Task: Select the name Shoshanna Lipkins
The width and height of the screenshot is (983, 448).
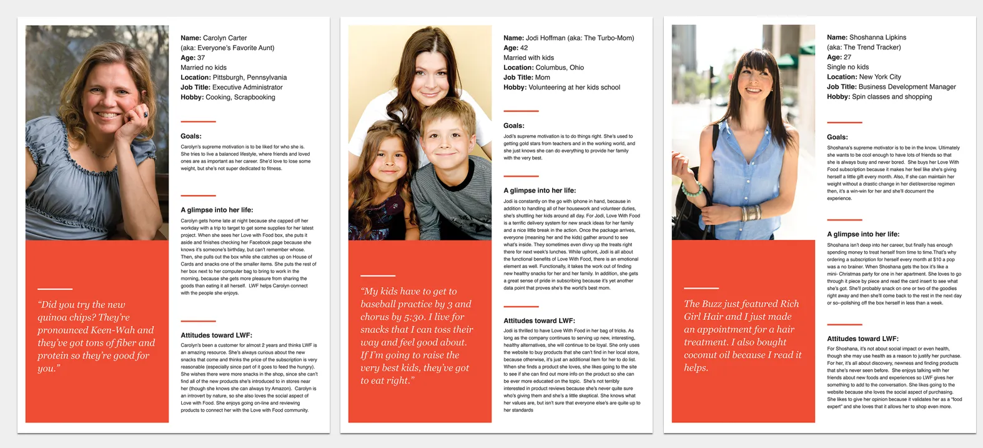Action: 877,37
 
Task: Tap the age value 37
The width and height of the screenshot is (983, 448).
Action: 201,57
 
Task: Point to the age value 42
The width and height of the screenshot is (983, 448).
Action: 524,47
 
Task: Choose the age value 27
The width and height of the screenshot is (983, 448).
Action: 847,57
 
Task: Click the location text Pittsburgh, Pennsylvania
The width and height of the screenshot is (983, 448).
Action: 249,77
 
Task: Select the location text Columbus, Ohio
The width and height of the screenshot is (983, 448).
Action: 560,67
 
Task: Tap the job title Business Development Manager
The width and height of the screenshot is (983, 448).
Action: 907,87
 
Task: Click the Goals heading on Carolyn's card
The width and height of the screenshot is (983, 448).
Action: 191,136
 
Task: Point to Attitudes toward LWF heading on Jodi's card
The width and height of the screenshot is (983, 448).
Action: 539,321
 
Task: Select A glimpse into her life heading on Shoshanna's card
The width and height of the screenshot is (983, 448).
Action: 863,234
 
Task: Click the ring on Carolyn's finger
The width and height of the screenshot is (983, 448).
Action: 146,114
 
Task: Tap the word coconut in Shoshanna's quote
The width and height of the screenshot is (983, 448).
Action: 703,355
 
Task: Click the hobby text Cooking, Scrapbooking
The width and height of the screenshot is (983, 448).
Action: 240,97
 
